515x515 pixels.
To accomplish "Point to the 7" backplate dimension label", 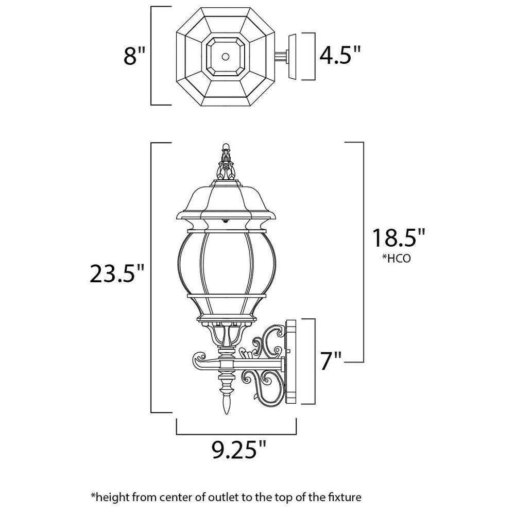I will point(332,361).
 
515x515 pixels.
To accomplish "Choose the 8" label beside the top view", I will point(135,55).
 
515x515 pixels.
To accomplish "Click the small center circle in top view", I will point(226,55).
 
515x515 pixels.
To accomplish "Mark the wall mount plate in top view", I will point(294,57).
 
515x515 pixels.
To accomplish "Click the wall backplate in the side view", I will point(291,360).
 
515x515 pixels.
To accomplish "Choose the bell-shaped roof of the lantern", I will point(225,198).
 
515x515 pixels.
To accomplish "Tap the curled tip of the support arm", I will point(197,357).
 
